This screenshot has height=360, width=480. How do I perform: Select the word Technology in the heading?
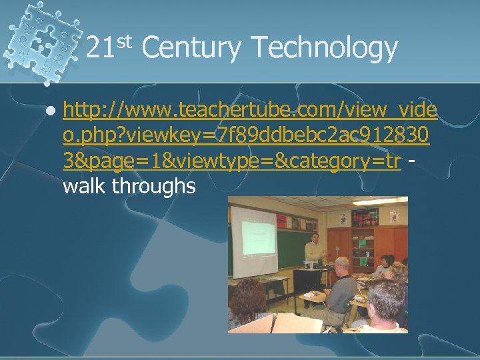click(x=325, y=49)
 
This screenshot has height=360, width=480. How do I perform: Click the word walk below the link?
click(x=85, y=187)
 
